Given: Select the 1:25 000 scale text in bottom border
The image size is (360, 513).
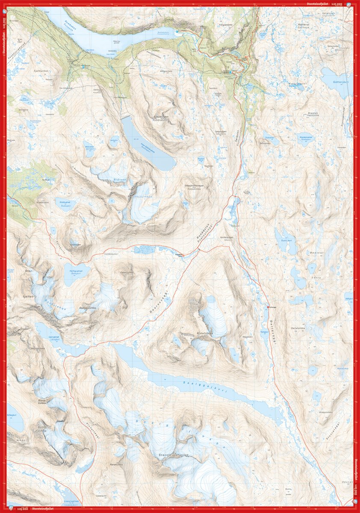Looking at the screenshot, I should pyautogui.click(x=21, y=509).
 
